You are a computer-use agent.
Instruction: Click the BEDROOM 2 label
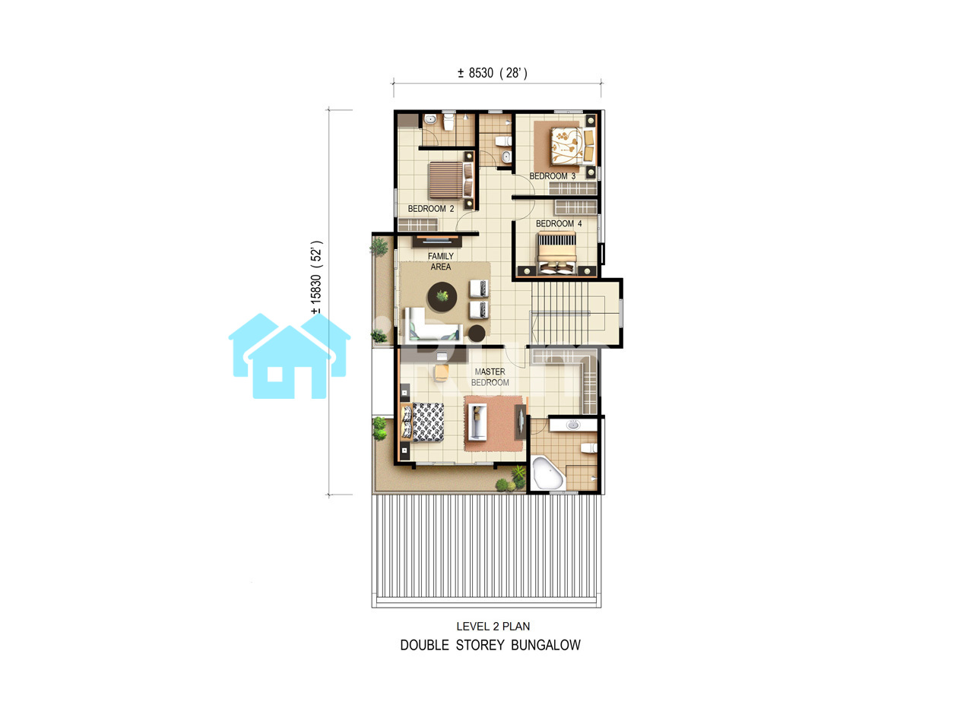(x=430, y=209)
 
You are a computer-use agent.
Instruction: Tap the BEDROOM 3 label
(x=552, y=176)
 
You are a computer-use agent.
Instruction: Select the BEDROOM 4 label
(x=559, y=223)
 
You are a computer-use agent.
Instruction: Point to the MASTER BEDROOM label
(x=490, y=378)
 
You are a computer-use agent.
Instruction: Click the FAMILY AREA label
(x=440, y=261)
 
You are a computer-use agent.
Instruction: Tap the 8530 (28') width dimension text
(x=493, y=73)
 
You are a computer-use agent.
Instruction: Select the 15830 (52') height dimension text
(x=316, y=277)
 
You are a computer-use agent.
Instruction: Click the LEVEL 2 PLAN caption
(x=493, y=627)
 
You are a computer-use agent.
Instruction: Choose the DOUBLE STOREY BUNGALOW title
(x=490, y=646)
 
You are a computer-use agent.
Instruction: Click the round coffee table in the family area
(x=442, y=297)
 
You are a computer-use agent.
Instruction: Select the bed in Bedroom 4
(x=557, y=253)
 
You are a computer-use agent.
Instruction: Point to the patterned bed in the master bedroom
(x=422, y=422)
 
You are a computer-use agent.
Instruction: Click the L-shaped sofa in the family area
(x=433, y=325)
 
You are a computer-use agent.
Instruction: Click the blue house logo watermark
(x=290, y=356)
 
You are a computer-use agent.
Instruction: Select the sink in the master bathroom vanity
(x=573, y=425)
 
